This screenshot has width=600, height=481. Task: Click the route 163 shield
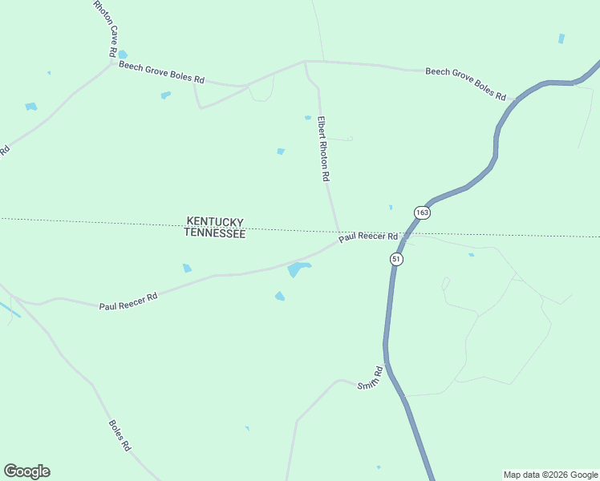[422, 212]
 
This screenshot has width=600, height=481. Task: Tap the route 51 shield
[396, 259]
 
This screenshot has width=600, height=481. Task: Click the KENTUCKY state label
[215, 221]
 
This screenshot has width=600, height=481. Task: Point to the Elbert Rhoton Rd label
[324, 148]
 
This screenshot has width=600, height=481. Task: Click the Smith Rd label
[371, 378]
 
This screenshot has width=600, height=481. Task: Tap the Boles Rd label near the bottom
[120, 434]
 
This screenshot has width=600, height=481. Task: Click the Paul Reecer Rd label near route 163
[368, 237]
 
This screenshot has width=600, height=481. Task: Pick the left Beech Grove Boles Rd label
[162, 74]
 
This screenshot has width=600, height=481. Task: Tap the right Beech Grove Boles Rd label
[465, 83]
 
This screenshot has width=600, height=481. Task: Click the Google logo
[26, 471]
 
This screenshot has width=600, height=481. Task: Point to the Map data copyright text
[549, 475]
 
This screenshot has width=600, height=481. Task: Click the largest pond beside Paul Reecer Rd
[298, 269]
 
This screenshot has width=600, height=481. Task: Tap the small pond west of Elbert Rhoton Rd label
[281, 151]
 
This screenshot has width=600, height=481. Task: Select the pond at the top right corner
[561, 38]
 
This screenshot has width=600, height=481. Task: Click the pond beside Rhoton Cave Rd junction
[122, 55]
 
